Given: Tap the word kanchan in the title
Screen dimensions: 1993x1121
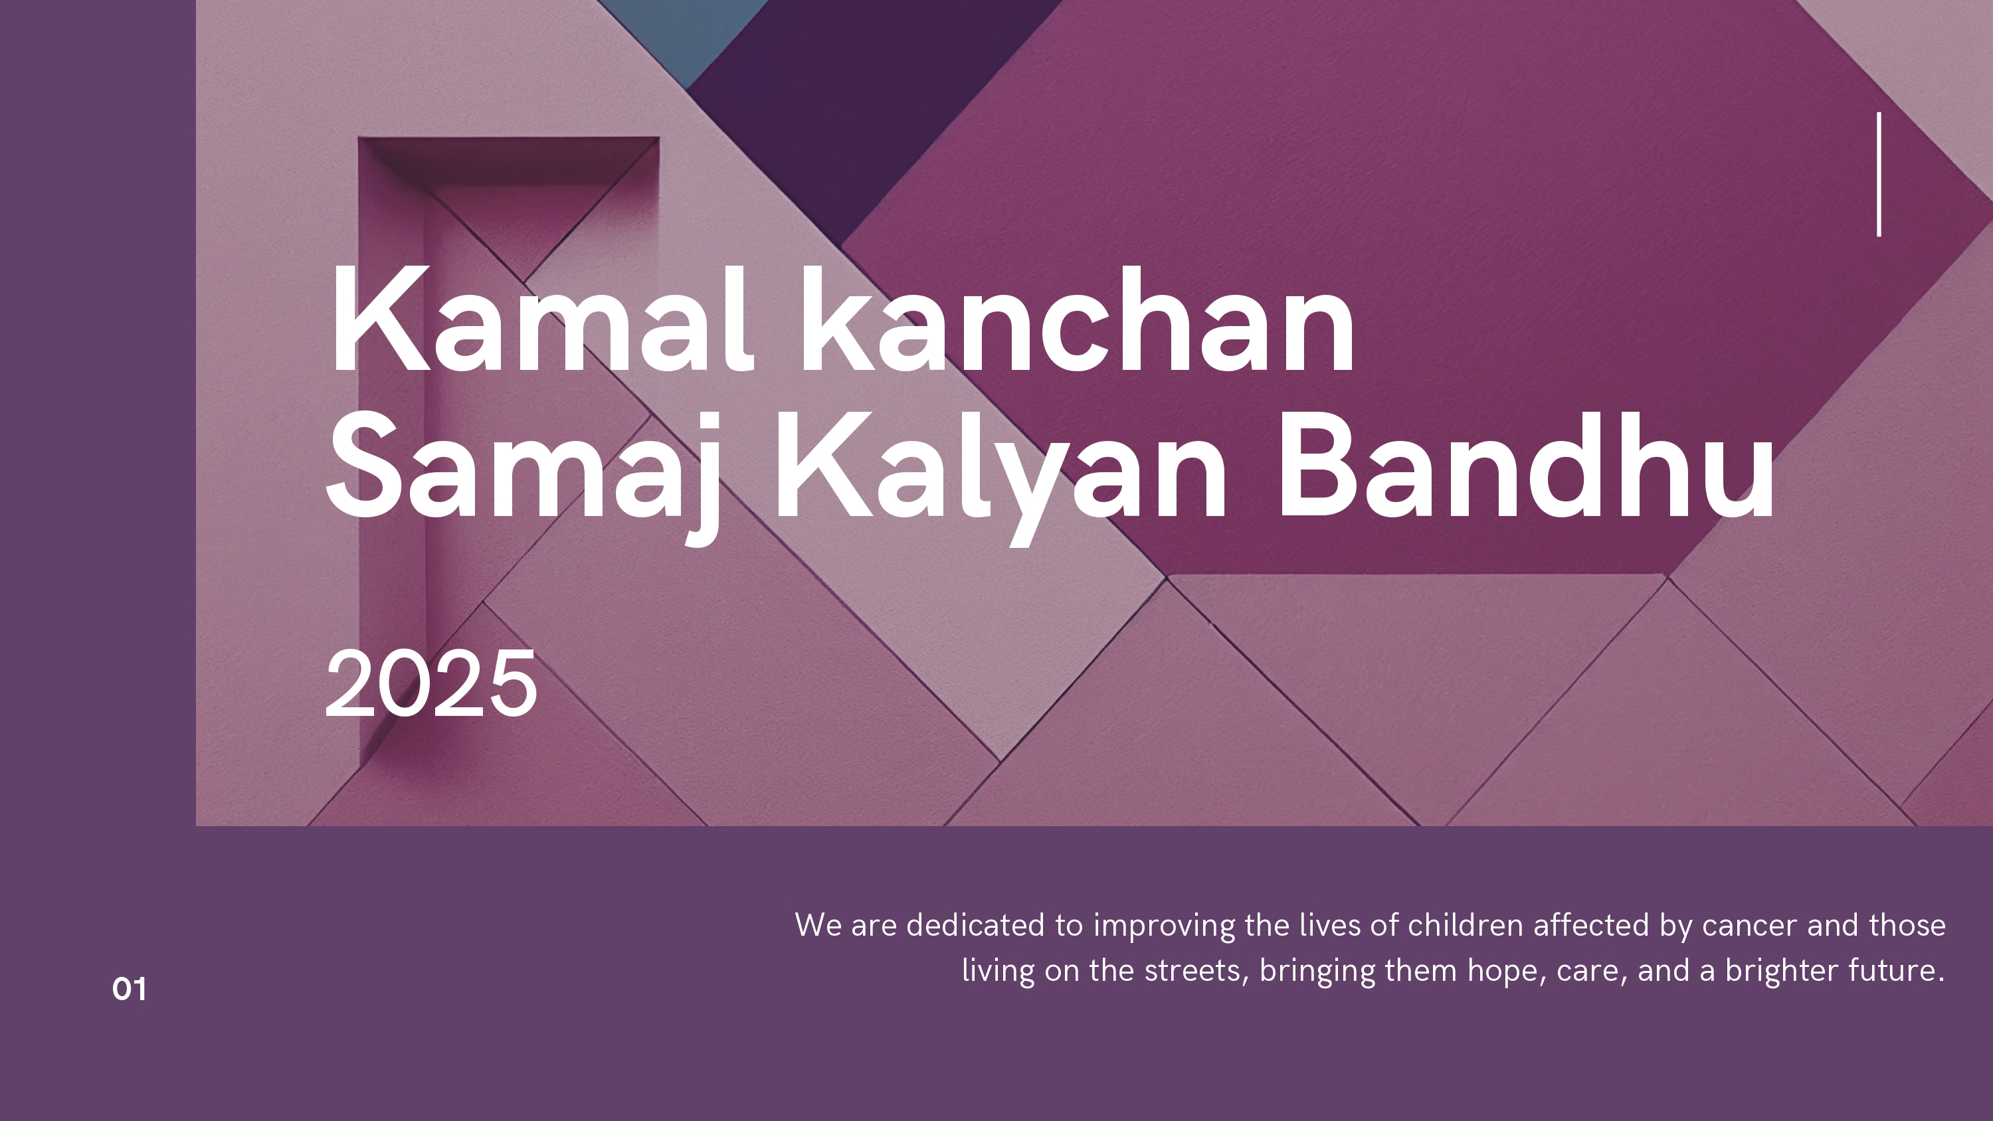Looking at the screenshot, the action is [x=1077, y=319].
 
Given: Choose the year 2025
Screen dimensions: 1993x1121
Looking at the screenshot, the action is [x=431, y=683].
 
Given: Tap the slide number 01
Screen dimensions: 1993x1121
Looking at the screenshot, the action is [x=129, y=989].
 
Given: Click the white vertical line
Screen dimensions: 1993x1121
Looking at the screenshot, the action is [x=1879, y=174].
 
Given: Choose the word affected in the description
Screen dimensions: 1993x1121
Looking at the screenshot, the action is [x=1590, y=925].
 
